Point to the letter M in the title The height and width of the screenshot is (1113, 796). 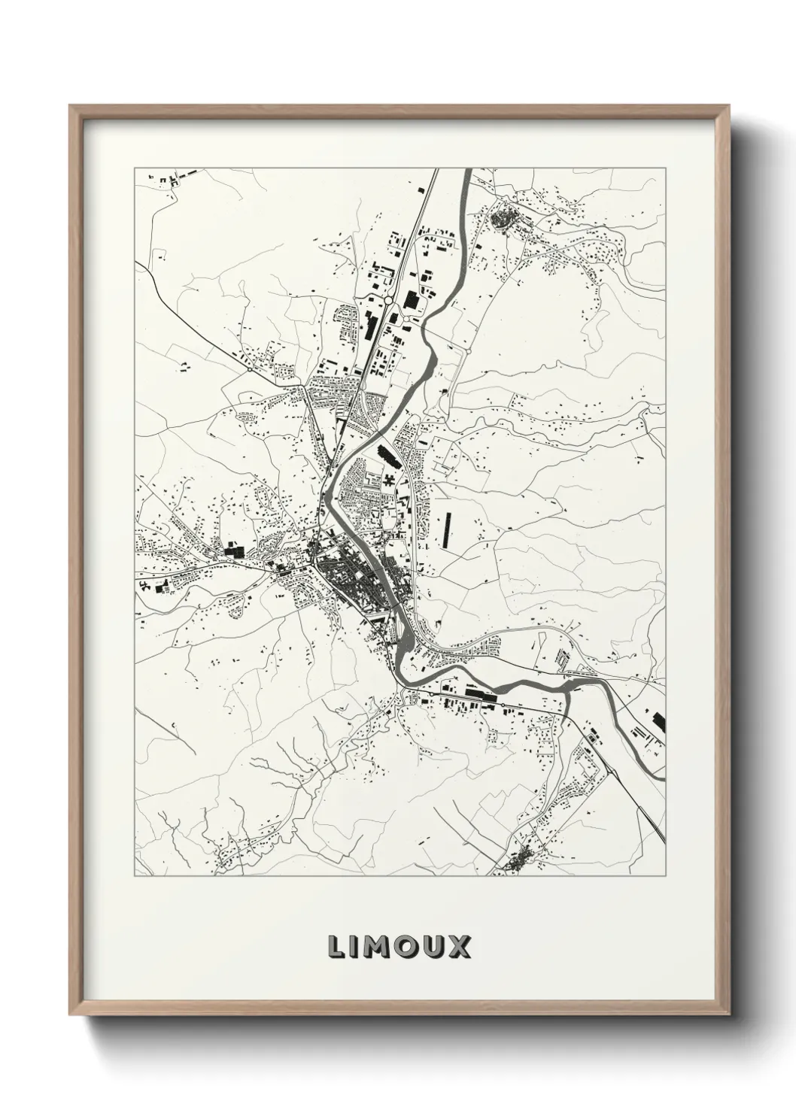tap(377, 947)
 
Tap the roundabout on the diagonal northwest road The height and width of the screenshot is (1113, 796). tap(249, 369)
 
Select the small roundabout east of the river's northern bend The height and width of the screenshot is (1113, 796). tap(468, 349)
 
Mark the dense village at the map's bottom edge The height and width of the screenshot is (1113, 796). tap(521, 860)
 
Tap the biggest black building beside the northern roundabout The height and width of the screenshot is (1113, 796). tap(411, 300)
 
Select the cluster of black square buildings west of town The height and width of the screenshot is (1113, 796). tap(233, 550)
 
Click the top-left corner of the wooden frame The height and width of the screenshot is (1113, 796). tap(70, 106)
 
